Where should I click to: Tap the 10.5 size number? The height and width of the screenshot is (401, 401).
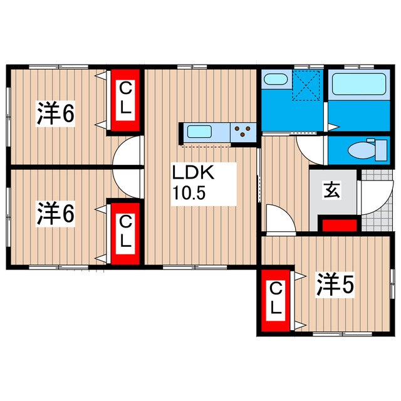[189, 192]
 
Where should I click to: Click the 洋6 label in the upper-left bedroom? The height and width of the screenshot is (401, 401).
[55, 113]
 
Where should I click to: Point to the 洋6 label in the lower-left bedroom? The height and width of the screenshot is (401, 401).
[55, 213]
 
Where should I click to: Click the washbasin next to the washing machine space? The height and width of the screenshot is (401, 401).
[274, 80]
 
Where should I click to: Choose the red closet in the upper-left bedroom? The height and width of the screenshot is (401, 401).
[126, 100]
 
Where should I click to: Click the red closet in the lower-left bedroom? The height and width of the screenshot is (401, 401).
[126, 231]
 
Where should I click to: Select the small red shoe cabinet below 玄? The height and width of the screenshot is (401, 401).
[339, 224]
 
